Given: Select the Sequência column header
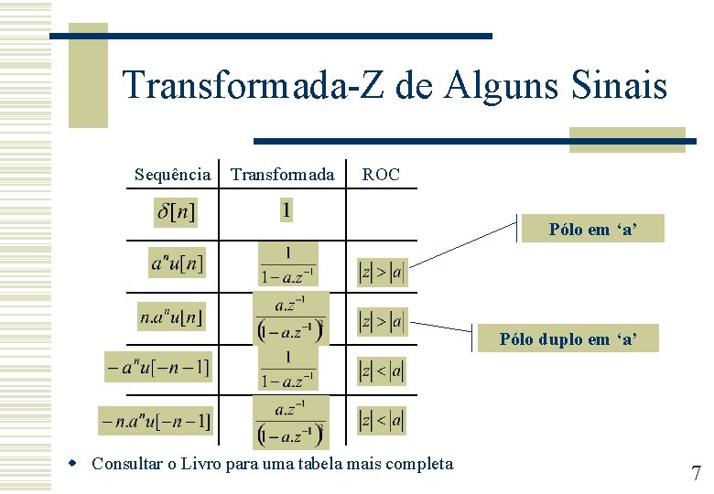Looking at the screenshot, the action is (172, 174).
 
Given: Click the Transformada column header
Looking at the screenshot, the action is (282, 174).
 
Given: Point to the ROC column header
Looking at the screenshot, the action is (381, 174).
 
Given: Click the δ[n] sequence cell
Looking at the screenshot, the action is (175, 213).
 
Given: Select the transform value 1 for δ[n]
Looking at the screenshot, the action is (287, 211).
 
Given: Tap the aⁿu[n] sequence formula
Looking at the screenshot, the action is (178, 263).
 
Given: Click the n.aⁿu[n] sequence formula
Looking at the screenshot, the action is (171, 317).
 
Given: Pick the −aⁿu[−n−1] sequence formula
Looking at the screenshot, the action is (157, 368).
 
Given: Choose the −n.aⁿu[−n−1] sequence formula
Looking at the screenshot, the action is (156, 421).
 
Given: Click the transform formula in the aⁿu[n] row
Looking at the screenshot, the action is (287, 263).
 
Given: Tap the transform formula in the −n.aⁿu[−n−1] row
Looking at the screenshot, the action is (290, 422).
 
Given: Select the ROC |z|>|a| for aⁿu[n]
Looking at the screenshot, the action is (381, 272).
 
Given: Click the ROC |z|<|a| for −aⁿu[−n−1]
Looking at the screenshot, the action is (381, 370).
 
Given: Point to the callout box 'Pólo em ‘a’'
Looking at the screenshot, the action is (592, 230).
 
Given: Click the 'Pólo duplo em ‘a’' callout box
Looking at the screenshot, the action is (567, 339).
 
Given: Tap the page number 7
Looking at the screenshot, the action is (696, 473).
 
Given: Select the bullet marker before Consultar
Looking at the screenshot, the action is (81, 464).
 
